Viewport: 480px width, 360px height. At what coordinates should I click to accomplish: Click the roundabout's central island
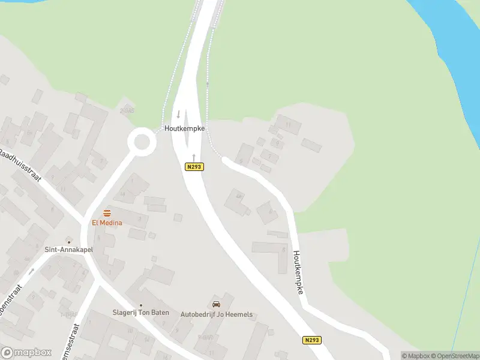(x=142, y=142)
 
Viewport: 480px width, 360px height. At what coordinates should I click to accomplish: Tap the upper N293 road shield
(x=194, y=167)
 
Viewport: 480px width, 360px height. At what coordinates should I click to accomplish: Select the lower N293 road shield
(x=311, y=340)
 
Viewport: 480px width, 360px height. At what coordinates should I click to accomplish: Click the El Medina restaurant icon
(x=107, y=213)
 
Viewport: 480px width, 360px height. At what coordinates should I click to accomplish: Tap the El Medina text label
(x=107, y=223)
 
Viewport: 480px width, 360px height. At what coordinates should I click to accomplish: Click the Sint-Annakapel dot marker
(x=68, y=241)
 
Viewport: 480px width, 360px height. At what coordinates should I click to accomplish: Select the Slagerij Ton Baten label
(x=141, y=313)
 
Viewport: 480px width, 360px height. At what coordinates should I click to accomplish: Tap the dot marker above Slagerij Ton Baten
(x=141, y=305)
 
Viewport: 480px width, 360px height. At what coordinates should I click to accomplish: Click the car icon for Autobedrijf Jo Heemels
(x=217, y=304)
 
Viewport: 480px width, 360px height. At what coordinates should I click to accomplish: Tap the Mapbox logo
(x=26, y=353)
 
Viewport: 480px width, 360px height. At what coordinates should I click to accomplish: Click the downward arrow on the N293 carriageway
(x=178, y=114)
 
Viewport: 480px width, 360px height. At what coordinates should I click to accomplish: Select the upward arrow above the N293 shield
(x=194, y=156)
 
